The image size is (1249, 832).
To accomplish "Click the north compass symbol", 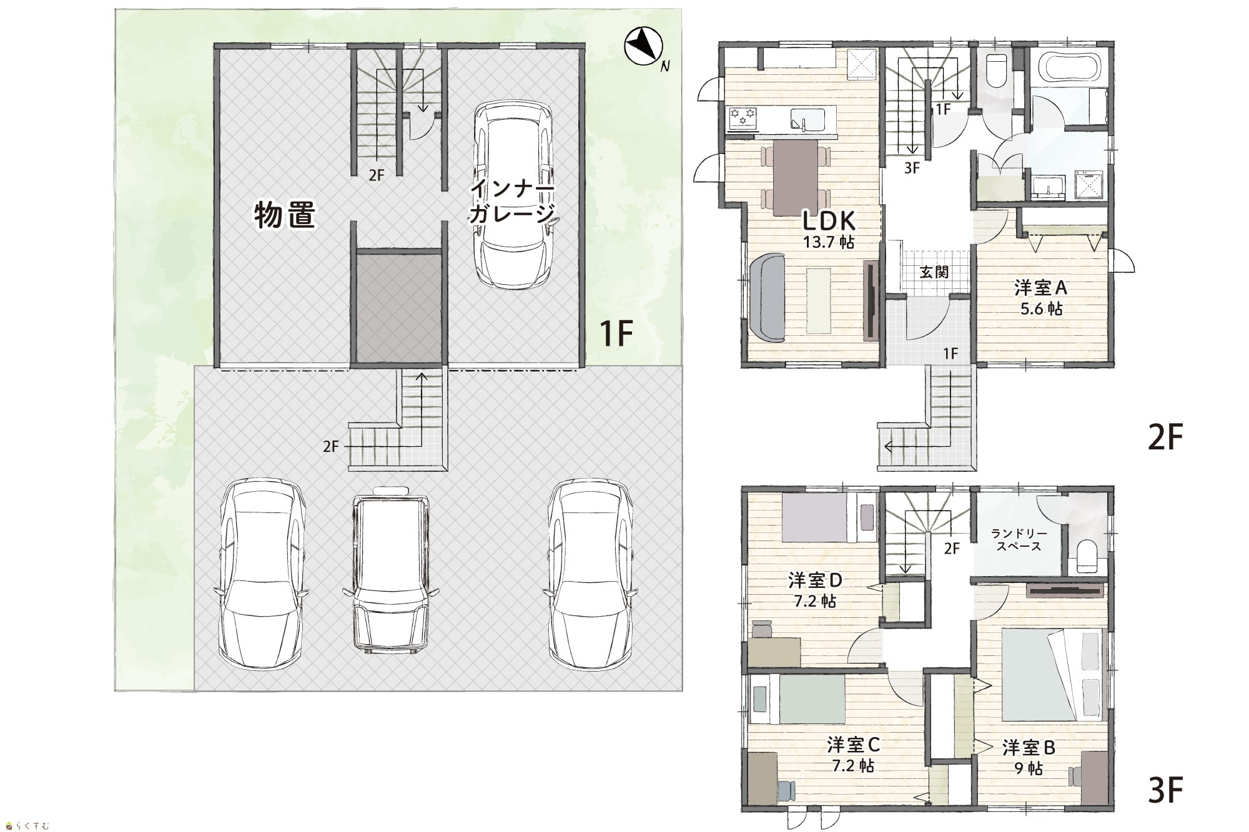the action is click(x=643, y=46).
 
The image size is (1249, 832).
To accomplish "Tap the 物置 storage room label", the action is click(x=285, y=215).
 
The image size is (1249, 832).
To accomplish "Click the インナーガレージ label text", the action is click(x=511, y=201).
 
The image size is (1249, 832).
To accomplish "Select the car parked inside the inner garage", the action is click(x=513, y=193).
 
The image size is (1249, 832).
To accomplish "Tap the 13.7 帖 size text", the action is click(x=829, y=242).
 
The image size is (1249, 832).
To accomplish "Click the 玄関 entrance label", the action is click(x=934, y=272).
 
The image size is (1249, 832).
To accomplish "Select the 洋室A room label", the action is click(x=1041, y=288).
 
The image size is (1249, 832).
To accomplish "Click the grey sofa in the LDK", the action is click(x=766, y=298).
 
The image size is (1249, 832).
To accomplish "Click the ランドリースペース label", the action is click(x=1019, y=540).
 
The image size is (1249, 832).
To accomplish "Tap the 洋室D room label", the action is click(x=816, y=580).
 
